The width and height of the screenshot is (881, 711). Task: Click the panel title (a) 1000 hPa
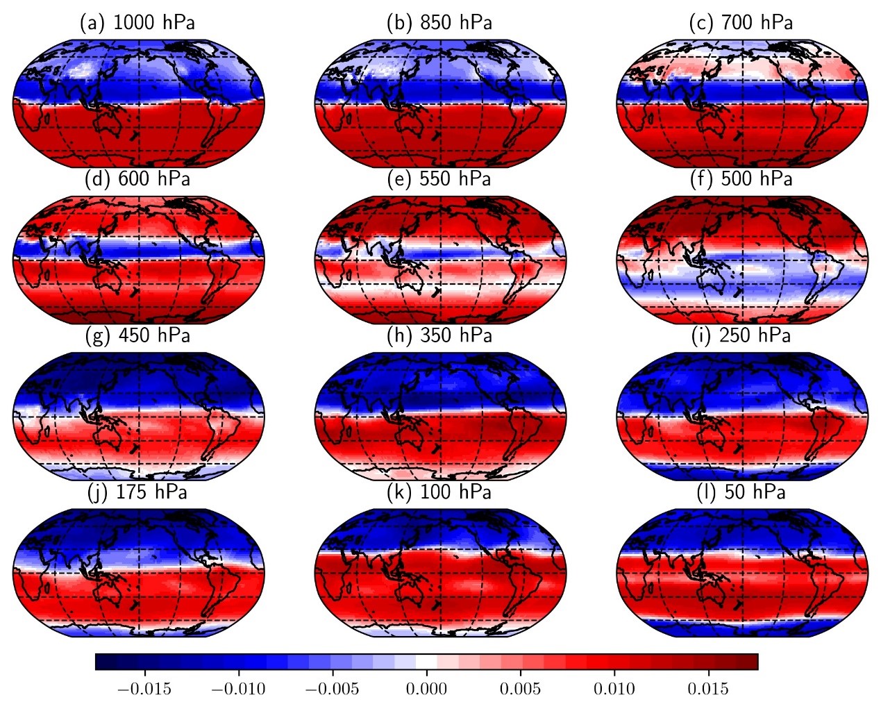[137, 23]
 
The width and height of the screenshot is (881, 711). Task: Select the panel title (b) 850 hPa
[439, 23]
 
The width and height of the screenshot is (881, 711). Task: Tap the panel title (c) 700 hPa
[741, 23]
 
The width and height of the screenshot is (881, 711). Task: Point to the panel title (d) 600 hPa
[137, 179]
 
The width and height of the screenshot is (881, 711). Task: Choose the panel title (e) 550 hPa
[439, 179]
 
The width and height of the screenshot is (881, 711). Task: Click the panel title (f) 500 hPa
[741, 179]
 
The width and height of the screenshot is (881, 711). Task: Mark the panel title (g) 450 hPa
[137, 336]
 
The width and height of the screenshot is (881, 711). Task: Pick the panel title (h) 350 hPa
[439, 336]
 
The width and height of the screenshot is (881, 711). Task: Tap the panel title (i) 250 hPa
[741, 336]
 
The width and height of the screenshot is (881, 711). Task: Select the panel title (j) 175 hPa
[137, 492]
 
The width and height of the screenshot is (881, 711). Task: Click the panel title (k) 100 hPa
[439, 492]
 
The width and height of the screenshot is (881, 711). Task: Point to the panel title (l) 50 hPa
[741, 492]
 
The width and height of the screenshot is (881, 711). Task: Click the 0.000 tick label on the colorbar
[426, 689]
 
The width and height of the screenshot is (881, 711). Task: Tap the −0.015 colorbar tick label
[144, 689]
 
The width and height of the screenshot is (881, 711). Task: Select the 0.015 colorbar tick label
[708, 689]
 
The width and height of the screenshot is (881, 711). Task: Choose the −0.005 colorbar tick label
[332, 689]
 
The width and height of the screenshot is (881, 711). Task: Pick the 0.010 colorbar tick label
[614, 689]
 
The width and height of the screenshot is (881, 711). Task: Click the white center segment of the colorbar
[426, 662]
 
